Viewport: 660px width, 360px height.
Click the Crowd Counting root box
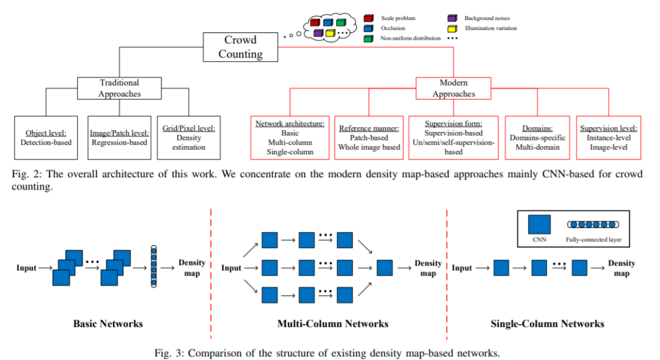(240, 47)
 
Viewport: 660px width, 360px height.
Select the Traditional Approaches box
(119, 88)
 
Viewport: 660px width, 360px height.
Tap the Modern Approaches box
(453, 88)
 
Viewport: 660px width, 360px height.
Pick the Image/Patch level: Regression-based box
(119, 138)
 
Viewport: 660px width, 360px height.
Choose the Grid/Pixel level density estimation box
(188, 138)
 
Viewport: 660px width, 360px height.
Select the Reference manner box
(369, 138)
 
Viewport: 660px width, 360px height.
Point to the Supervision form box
(453, 138)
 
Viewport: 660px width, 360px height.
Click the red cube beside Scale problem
(368, 18)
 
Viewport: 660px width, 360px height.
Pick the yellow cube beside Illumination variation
(452, 28)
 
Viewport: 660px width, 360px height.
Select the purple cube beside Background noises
(452, 18)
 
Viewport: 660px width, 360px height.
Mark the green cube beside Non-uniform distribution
(368, 38)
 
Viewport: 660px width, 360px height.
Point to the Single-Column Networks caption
(547, 323)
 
